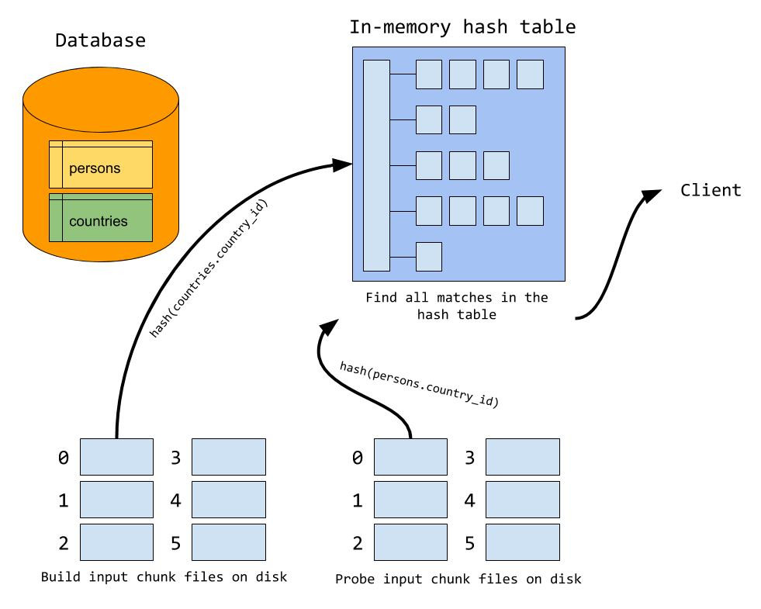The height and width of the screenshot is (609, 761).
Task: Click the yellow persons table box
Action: coord(101,164)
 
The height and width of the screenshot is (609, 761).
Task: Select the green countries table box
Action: coord(101,217)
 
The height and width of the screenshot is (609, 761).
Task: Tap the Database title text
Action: coord(101,40)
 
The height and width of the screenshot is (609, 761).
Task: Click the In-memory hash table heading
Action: coord(462,26)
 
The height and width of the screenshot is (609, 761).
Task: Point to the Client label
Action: coord(711,190)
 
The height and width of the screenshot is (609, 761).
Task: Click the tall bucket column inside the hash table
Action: coord(376,165)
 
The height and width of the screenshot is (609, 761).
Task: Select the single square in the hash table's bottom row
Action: coord(429,257)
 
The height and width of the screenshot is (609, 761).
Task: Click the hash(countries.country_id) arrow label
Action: coord(209,268)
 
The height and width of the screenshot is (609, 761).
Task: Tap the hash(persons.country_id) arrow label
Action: coord(420,384)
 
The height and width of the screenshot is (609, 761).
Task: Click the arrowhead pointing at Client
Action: coord(652,195)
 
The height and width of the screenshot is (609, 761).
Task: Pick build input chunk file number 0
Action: coord(116,457)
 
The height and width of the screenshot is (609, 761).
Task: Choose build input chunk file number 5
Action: coord(229,542)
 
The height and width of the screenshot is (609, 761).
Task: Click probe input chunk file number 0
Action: coord(410,457)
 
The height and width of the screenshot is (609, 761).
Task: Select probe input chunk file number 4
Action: coord(523,500)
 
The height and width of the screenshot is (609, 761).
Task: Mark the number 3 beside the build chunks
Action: coord(175,458)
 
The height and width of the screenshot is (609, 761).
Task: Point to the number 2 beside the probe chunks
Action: coord(358,543)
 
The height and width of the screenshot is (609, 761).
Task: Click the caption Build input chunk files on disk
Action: coord(164,576)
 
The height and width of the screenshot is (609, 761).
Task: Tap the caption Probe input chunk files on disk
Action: coord(458,579)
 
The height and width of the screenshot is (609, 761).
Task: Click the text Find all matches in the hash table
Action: coord(457,306)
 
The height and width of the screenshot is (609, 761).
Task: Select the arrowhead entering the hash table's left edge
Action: coord(342,164)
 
